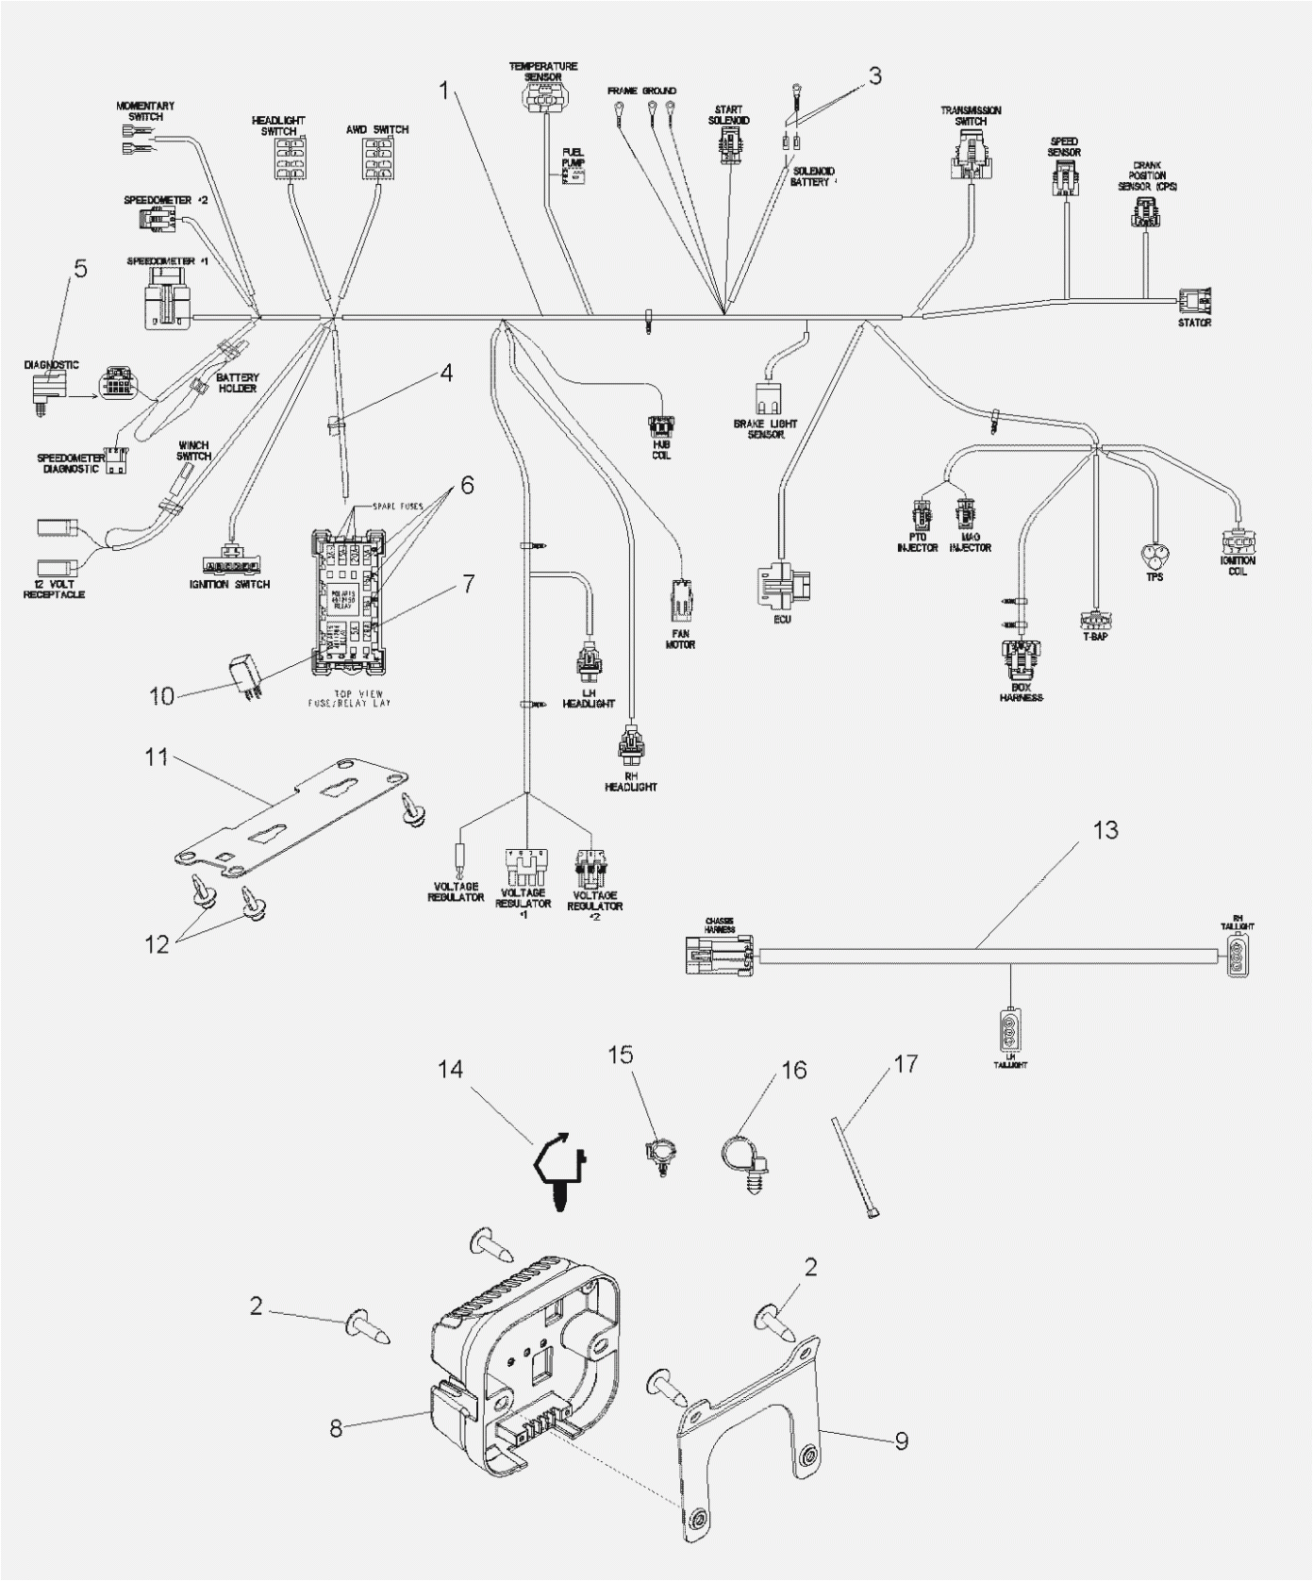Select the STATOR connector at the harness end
point(1194,303)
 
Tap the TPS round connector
point(1154,556)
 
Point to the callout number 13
point(1105,830)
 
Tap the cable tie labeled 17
point(854,1168)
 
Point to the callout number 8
point(335,1429)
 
